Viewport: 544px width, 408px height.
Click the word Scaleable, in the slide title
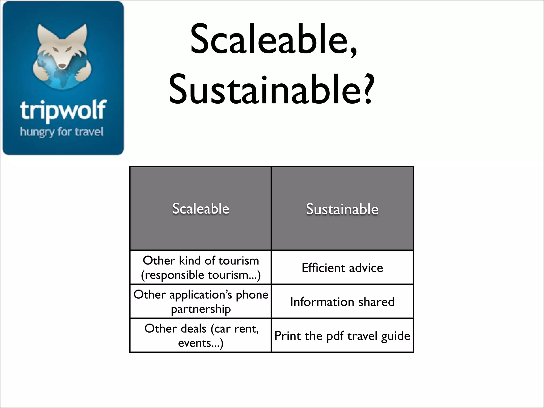point(274,40)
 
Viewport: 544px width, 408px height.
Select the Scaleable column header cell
point(201,209)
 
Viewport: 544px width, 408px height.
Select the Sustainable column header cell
point(342,209)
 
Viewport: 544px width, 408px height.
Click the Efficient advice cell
point(342,267)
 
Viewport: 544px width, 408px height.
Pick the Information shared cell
point(342,301)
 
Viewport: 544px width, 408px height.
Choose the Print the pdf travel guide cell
point(342,335)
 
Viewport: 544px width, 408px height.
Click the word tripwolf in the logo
point(63,110)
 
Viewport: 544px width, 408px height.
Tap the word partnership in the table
point(201,309)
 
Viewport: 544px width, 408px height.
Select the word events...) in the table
point(201,343)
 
